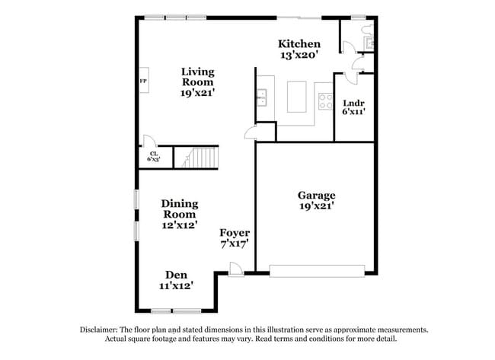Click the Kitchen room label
299,44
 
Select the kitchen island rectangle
300,97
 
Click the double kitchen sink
261,96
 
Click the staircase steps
203,158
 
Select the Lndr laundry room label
354,103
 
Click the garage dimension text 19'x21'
316,205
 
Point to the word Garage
316,196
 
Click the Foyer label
235,233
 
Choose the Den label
176,275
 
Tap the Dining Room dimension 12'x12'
180,225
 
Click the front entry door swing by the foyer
237,269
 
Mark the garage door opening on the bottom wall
316,269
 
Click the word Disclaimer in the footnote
101,330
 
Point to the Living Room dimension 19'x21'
197,92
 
